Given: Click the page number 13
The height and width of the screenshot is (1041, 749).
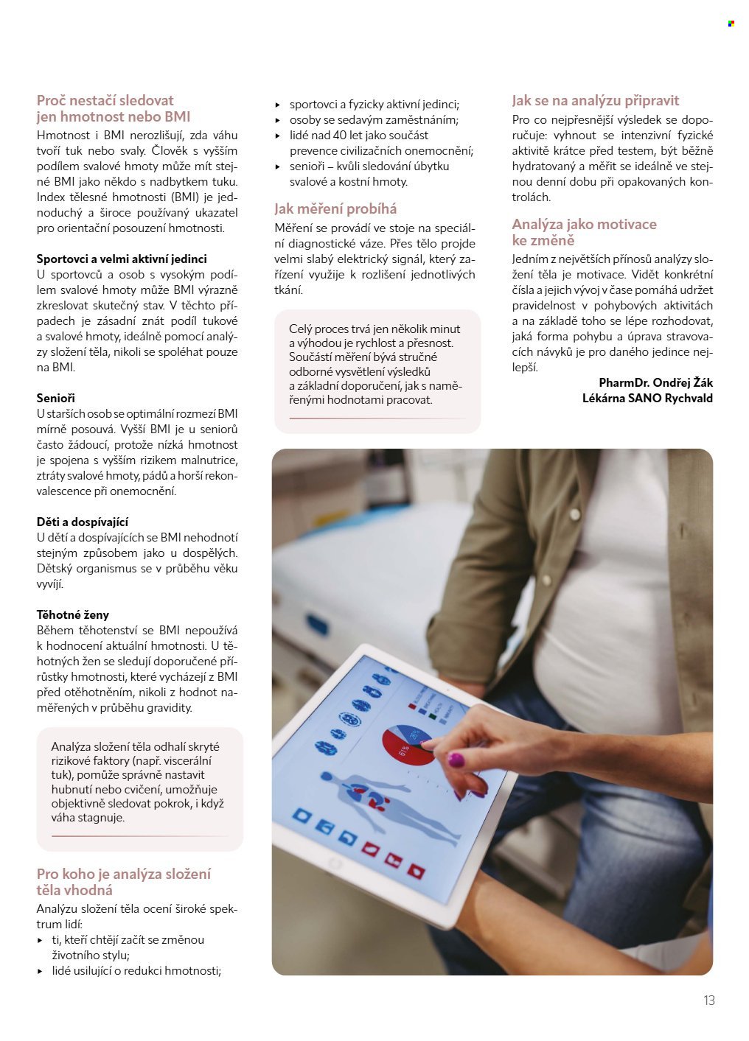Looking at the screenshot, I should [x=709, y=1000].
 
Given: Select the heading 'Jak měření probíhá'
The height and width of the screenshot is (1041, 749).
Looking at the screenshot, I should [x=335, y=208].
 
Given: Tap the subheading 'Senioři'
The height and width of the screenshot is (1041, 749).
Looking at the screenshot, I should [x=56, y=398].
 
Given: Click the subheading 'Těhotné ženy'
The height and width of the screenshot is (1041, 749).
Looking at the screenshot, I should [x=73, y=614].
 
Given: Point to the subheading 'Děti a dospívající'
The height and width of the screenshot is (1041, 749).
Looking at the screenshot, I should [x=83, y=522].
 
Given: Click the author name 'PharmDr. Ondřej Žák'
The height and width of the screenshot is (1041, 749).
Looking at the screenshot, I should [x=655, y=382].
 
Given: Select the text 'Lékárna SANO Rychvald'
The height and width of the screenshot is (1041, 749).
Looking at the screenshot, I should [x=647, y=398].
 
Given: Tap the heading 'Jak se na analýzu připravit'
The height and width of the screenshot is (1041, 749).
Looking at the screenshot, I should [x=595, y=100].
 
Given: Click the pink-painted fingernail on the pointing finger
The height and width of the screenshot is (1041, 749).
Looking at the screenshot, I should [x=456, y=759].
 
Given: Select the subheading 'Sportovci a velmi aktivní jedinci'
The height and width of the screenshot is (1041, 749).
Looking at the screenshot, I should [x=122, y=259].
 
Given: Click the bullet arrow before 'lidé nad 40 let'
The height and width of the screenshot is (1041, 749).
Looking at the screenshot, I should [x=278, y=136].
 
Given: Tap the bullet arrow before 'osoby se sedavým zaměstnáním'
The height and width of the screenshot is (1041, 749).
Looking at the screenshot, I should [x=278, y=120].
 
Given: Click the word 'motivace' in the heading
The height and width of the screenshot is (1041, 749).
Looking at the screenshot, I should [x=624, y=224].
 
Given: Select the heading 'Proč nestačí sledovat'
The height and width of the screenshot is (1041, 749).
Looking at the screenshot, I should [x=105, y=100].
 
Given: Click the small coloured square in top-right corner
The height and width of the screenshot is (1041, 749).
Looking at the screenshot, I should [x=731, y=24].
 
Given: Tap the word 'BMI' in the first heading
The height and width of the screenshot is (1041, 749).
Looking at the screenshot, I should [x=176, y=116].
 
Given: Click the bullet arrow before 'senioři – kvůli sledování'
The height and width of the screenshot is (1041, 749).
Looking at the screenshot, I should [x=278, y=167].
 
